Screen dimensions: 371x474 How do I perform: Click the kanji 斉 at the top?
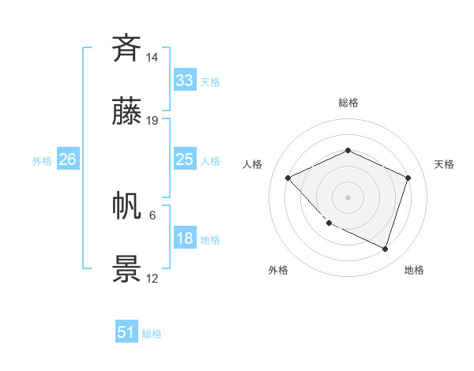(127, 48)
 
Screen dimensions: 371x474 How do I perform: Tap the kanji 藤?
(127, 111)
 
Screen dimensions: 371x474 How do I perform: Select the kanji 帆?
(127, 206)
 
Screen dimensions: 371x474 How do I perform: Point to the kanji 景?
(127, 269)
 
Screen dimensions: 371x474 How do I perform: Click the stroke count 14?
(152, 58)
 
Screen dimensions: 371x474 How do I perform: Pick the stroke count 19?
(152, 121)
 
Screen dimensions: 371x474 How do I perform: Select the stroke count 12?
(152, 279)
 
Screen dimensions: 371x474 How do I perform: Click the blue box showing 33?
(184, 81)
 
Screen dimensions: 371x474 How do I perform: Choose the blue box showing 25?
(184, 159)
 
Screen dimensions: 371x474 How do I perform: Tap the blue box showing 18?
(184, 238)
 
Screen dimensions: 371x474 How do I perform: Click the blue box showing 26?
(67, 159)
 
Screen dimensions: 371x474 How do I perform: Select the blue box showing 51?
(126, 332)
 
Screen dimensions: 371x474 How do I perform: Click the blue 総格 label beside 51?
(152, 334)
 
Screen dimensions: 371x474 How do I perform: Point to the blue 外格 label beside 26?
(42, 161)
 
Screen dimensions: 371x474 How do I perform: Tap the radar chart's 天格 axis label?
(444, 164)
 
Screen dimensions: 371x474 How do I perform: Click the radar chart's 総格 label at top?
(348, 103)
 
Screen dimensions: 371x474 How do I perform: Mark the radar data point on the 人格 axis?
(288, 178)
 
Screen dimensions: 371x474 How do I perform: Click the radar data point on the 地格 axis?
(386, 249)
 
